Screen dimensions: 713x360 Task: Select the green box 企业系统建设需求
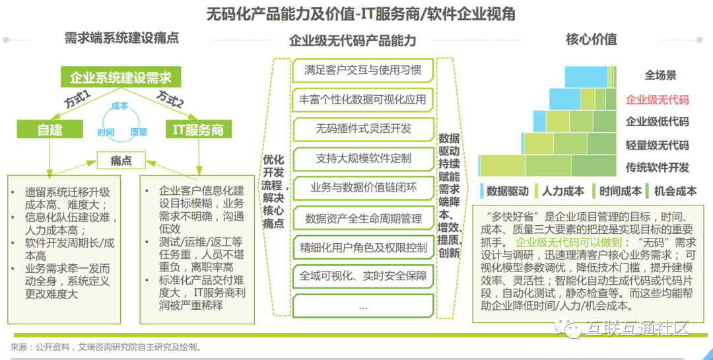tap(120, 78)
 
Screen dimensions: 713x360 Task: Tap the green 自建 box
tap(50, 130)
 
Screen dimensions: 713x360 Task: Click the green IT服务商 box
tap(199, 130)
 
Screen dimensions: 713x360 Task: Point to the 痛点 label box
tap(121, 161)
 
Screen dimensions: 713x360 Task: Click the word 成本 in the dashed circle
tap(120, 106)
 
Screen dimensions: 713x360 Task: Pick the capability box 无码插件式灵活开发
tap(362, 129)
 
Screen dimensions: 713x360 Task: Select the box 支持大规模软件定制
tap(362, 159)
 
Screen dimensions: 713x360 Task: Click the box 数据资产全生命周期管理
tap(362, 218)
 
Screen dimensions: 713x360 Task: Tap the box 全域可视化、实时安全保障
tap(362, 276)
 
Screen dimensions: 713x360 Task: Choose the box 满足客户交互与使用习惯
tap(362, 70)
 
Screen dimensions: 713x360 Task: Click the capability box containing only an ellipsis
tap(362, 306)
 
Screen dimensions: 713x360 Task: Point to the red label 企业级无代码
tap(657, 100)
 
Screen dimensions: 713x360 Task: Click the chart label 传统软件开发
tap(657, 167)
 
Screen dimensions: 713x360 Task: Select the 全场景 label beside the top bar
tap(660, 75)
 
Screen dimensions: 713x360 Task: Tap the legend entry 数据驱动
tap(507, 192)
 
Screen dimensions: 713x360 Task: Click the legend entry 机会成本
tap(675, 192)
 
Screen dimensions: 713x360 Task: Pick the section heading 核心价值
tap(591, 40)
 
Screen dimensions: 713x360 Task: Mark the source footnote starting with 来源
tap(106, 347)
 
